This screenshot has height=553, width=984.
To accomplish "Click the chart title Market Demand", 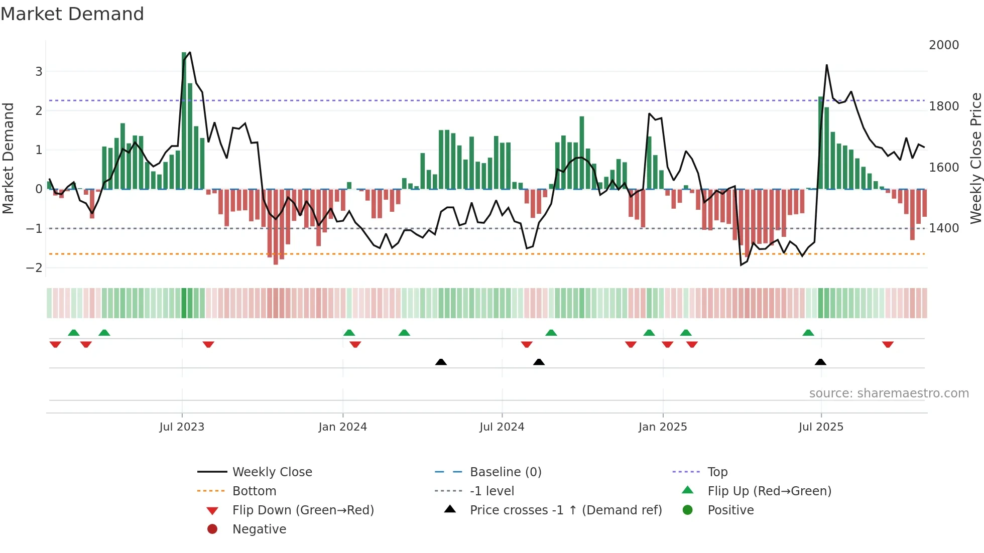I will tap(72, 14).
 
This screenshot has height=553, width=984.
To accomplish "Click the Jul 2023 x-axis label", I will tap(182, 427).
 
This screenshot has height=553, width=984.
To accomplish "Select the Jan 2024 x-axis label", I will tap(342, 427).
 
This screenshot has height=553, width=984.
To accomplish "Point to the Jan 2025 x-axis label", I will tap(662, 427).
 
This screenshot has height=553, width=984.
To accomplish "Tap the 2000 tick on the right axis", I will tap(943, 45).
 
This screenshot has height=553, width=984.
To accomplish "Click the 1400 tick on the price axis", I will tap(943, 228).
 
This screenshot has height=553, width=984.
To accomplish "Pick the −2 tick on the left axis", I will tap(35, 268).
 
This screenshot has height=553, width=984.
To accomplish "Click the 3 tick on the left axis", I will tap(39, 72).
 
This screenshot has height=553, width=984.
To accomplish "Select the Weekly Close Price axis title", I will tap(975, 158).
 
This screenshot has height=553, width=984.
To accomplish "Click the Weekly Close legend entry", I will tap(272, 472).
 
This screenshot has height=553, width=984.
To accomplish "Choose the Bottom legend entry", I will tap(254, 491).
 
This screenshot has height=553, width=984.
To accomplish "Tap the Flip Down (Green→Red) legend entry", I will tap(303, 510).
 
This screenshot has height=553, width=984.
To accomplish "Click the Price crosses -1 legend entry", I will tap(565, 510).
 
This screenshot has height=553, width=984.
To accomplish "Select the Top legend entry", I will tap(717, 472).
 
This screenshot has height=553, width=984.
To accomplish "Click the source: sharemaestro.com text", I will tap(889, 393).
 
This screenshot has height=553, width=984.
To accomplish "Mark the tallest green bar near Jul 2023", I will tap(184, 120).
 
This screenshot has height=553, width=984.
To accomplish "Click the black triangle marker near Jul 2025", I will tap(820, 362).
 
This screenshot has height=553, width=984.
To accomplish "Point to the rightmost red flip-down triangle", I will tap(888, 344).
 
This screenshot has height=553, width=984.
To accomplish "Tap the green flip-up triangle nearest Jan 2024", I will tap(349, 333).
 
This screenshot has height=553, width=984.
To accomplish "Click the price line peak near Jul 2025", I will tap(826, 65).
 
